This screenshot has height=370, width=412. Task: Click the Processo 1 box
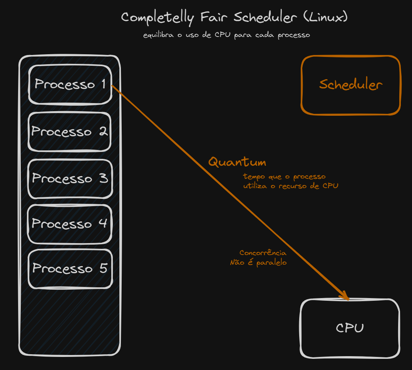click(70, 84)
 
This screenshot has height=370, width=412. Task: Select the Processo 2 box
click(69, 132)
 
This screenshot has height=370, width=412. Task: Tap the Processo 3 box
click(70, 178)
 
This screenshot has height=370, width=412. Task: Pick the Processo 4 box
click(69, 223)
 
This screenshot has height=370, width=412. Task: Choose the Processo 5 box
click(70, 268)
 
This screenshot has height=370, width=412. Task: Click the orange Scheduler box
click(350, 85)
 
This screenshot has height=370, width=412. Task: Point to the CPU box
click(350, 328)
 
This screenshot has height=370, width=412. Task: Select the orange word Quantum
click(237, 162)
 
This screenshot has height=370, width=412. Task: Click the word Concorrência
click(263, 253)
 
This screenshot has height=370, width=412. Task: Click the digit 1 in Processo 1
click(104, 84)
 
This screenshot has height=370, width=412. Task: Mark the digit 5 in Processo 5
click(103, 268)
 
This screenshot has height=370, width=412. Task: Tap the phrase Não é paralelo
click(258, 263)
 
